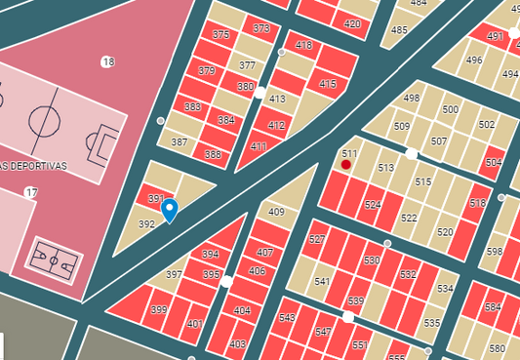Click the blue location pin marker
click(x=169, y=209)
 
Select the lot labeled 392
click(x=147, y=224)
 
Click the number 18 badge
click(x=107, y=62)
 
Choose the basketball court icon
click(x=55, y=260)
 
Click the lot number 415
click(x=328, y=85)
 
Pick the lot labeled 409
click(x=276, y=212)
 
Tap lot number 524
click(x=373, y=205)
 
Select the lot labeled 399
click(x=158, y=310)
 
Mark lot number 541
click(x=322, y=282)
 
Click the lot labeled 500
click(x=450, y=109)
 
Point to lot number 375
click(x=220, y=35)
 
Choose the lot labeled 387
click(x=179, y=142)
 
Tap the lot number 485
click(x=399, y=30)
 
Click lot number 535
click(x=432, y=323)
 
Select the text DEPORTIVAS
click(x=37, y=166)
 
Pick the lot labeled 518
click(x=477, y=203)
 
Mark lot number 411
click(x=258, y=146)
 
